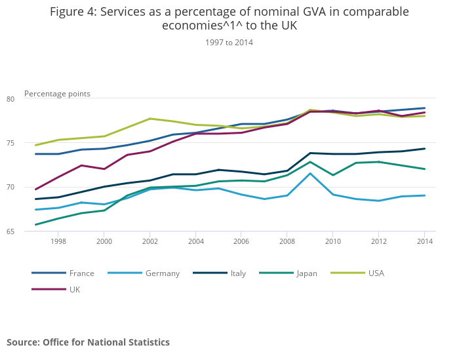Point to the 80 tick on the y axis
[x=28, y=99]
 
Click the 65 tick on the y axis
[x=28, y=231]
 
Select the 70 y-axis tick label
[x=28, y=188]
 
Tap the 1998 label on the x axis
[x=58, y=241]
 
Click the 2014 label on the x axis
[x=424, y=241]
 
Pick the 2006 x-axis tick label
[x=241, y=241]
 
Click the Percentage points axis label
[x=57, y=94]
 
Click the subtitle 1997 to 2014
[x=229, y=42]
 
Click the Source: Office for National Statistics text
[x=88, y=342]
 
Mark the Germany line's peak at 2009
[x=310, y=173]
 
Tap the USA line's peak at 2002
[x=150, y=119]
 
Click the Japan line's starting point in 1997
[x=35, y=225]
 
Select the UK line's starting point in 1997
[x=35, y=190]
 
